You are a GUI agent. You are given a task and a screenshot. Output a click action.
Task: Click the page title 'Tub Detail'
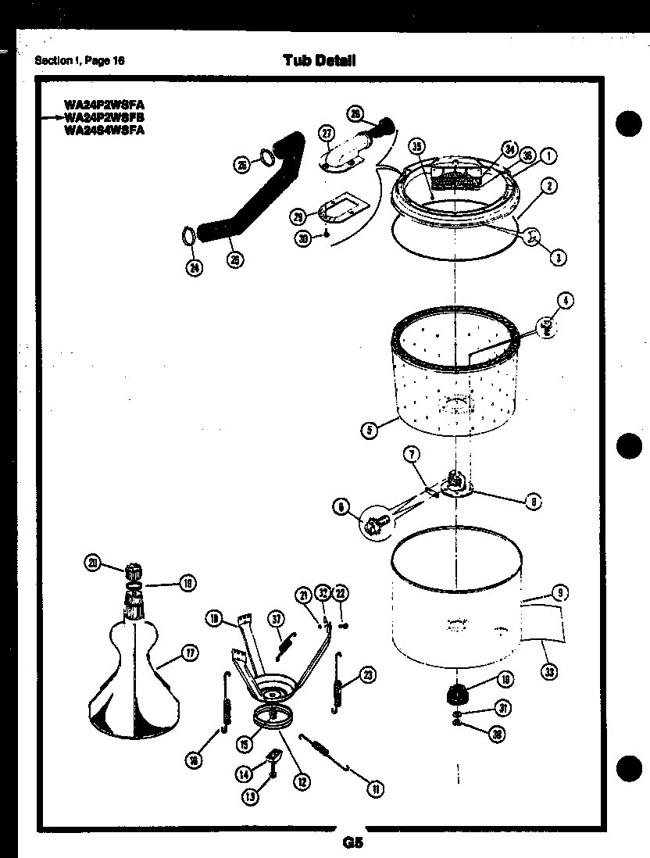(x=320, y=60)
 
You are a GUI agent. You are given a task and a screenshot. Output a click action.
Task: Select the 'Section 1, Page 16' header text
(x=80, y=61)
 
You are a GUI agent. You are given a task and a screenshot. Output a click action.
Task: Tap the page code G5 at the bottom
(x=352, y=842)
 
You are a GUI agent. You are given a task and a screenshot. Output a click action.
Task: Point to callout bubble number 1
(x=549, y=156)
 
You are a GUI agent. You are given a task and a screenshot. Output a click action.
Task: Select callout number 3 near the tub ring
(x=557, y=259)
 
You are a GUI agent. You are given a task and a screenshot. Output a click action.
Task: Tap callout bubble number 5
(x=370, y=428)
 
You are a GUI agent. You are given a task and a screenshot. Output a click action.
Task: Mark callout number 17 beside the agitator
(x=188, y=654)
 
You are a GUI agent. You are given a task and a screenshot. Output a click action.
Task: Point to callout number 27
(x=327, y=134)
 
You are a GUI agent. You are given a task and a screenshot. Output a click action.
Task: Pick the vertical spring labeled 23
(x=339, y=684)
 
